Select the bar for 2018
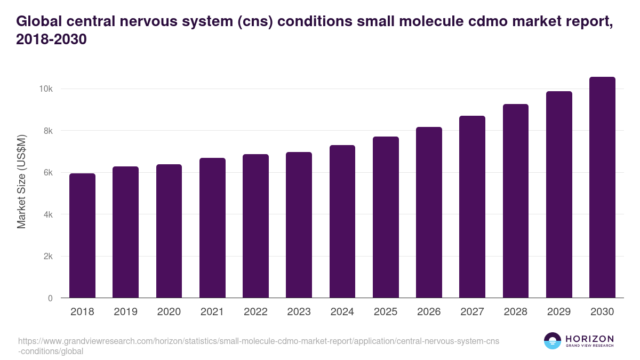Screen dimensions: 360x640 [82, 236]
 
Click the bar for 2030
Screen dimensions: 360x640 [602, 188]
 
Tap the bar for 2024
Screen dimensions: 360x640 [342, 221]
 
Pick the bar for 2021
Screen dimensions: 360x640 [212, 228]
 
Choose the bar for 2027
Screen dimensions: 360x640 [472, 207]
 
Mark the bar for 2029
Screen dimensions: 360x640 [559, 195]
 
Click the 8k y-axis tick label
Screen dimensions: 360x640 [48, 131]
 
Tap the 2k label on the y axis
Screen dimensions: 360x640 [48, 257]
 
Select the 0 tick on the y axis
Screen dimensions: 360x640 [50, 299]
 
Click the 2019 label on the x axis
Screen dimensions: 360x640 [125, 312]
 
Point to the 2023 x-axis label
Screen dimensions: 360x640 [299, 312]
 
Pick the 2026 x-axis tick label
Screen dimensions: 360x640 [429, 312]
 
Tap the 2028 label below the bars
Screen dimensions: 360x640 [515, 312]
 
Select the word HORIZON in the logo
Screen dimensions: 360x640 [589, 339]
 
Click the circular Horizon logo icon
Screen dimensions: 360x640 [553, 341]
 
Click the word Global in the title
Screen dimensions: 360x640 [41, 21]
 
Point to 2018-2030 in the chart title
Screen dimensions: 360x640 [51, 39]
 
